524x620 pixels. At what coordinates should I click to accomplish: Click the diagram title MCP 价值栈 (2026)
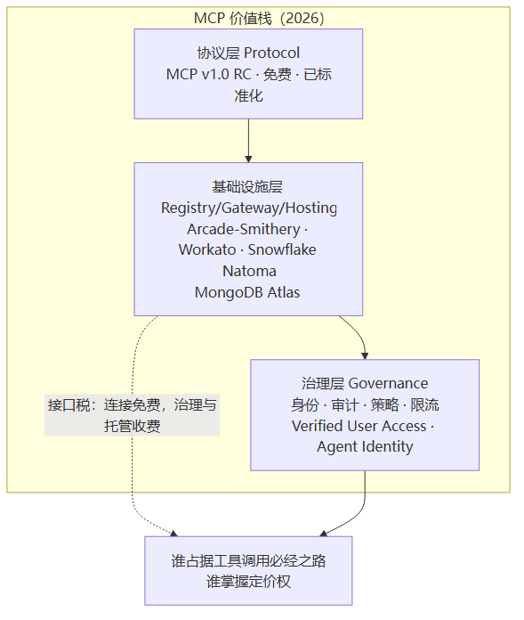tap(259, 18)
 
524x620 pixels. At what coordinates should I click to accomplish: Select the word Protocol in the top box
tap(271, 53)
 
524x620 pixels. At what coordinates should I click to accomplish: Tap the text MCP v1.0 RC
tap(208, 74)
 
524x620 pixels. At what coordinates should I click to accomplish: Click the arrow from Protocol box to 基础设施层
tap(248, 141)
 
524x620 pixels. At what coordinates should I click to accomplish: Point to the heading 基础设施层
tap(247, 187)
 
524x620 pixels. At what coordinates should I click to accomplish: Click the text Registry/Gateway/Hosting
tap(249, 208)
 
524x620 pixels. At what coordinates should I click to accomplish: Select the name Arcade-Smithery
tap(244, 229)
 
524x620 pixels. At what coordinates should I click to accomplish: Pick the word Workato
tap(207, 249)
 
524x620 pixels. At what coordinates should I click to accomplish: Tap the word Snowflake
tap(282, 249)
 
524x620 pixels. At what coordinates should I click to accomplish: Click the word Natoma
tap(249, 271)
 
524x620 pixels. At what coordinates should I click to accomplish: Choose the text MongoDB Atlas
tap(247, 292)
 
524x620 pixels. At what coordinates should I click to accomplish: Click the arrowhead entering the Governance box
tap(365, 355)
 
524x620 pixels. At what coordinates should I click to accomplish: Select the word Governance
tap(388, 383)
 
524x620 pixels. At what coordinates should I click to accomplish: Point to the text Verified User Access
tap(359, 426)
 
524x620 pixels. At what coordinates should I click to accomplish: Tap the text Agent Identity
tap(365, 446)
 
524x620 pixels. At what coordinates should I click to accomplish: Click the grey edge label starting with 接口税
tap(132, 415)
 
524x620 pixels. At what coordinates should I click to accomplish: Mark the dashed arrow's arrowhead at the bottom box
tap(173, 534)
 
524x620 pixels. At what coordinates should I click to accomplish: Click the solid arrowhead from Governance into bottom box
tap(323, 534)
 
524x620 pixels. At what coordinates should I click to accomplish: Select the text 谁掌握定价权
tap(248, 582)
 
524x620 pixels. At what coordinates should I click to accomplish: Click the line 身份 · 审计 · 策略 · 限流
tap(365, 404)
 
